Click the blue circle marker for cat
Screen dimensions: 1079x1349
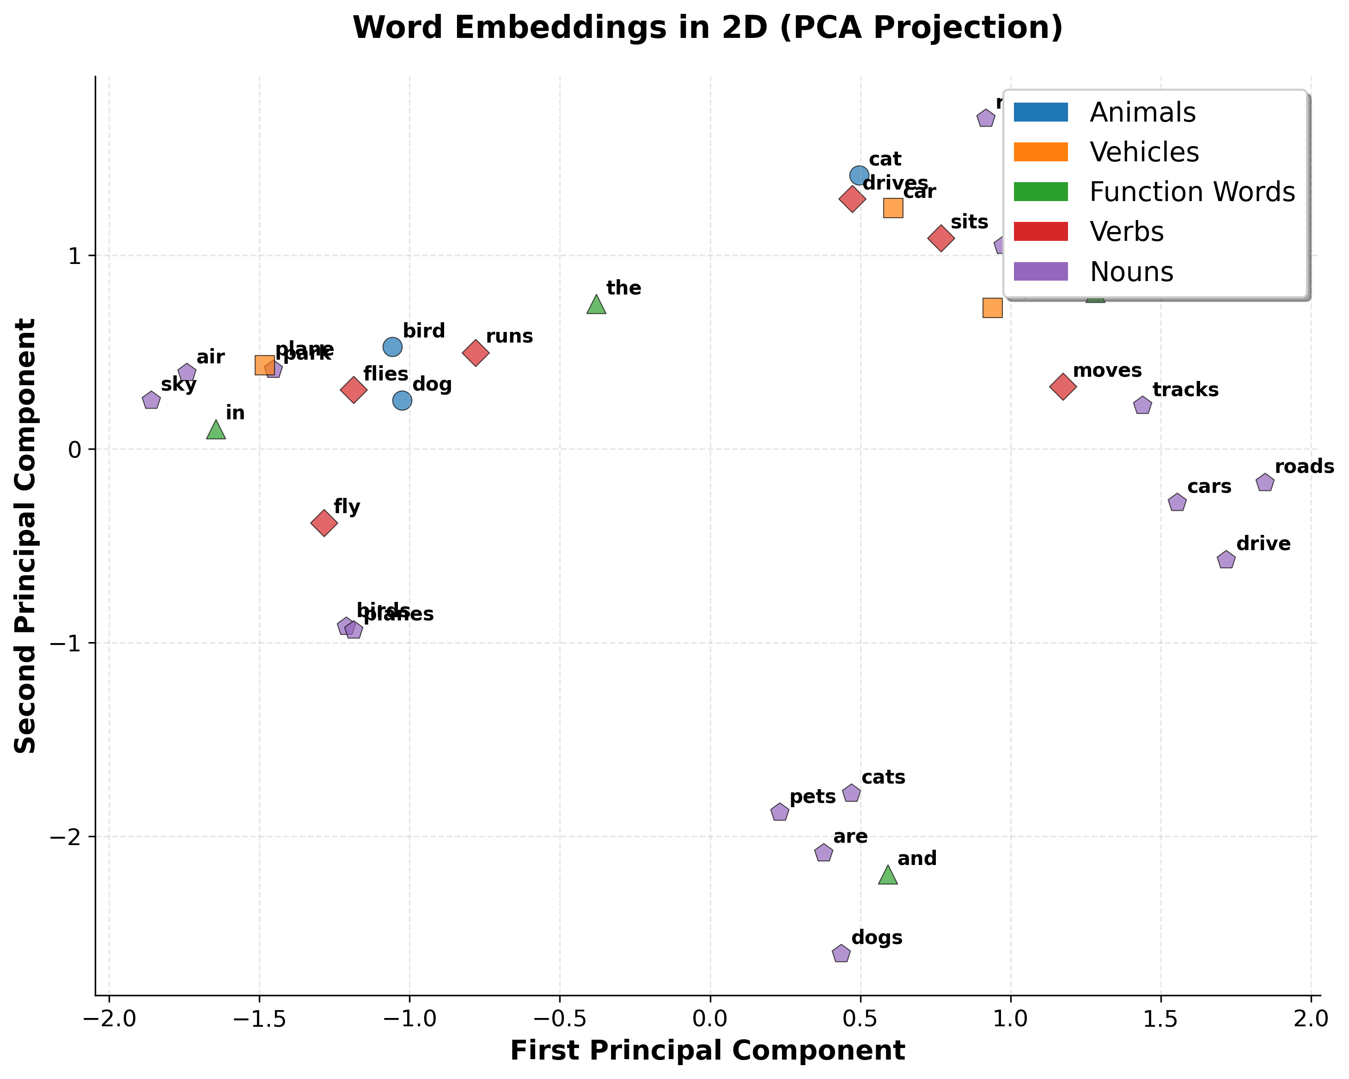point(859,176)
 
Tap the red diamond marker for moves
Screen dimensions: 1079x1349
point(1062,386)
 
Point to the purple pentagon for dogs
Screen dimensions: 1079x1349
point(842,954)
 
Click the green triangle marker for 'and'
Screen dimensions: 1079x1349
point(888,875)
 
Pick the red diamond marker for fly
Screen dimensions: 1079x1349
point(324,522)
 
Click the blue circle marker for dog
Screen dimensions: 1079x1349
point(403,400)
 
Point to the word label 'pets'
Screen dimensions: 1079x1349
point(812,797)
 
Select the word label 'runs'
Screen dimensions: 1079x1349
point(509,337)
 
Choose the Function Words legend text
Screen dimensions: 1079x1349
point(1192,192)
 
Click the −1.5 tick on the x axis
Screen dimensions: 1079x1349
point(260,1019)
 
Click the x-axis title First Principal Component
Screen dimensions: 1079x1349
point(707,1051)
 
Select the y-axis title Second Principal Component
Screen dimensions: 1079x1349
point(26,536)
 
